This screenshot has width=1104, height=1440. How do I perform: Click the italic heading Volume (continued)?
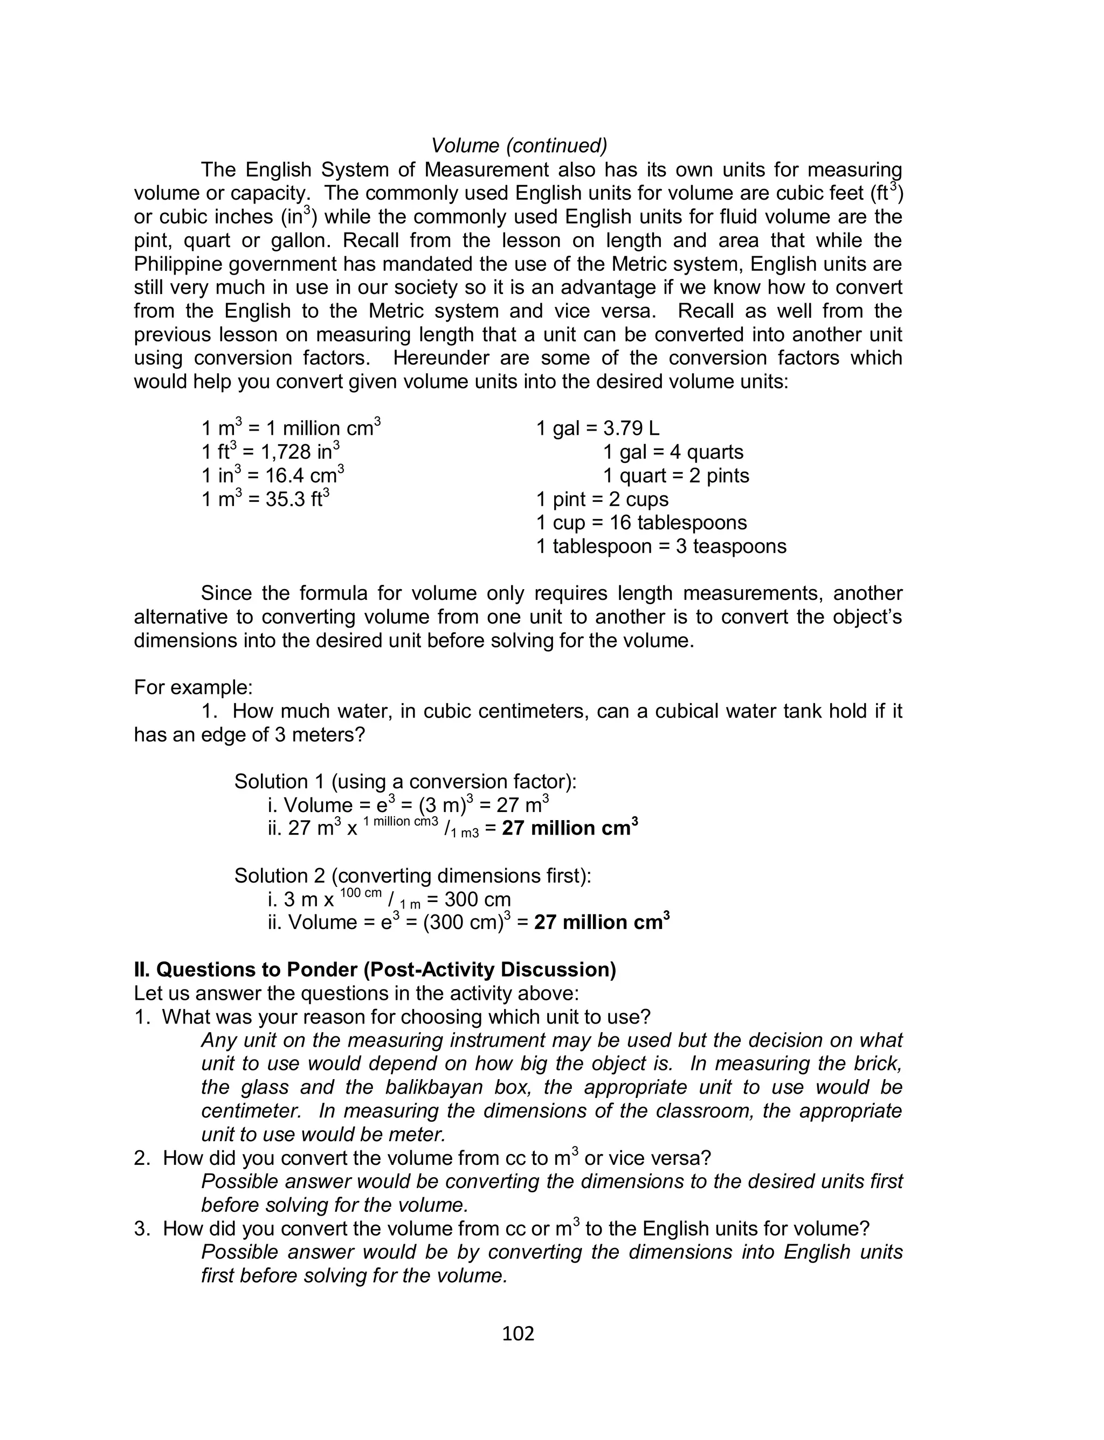[519, 145]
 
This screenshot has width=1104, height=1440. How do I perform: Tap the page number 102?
[518, 1334]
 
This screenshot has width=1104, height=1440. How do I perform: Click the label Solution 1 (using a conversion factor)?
[405, 782]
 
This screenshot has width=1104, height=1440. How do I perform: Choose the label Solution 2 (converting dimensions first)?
[413, 876]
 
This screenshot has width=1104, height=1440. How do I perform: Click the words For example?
[193, 688]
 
